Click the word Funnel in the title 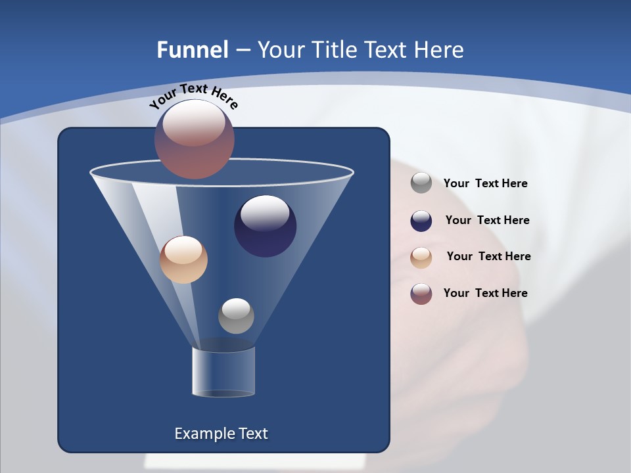192,50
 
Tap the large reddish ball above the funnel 195,139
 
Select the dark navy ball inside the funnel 265,226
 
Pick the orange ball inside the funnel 183,259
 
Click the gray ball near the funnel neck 236,316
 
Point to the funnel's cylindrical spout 223,372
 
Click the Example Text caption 222,434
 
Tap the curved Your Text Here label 193,96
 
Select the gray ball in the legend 421,183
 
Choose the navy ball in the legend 421,221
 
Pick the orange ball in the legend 421,258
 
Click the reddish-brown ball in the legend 421,294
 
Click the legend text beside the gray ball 485,183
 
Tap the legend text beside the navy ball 487,220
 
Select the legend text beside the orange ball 488,256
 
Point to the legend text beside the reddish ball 485,293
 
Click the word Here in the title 440,50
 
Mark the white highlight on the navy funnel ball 265,213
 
